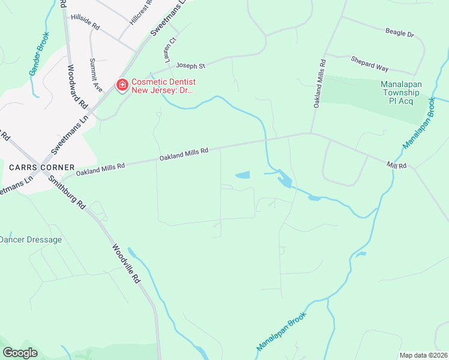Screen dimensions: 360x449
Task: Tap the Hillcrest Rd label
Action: pyautogui.click(x=142, y=11)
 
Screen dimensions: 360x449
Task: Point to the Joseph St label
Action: pyautogui.click(x=190, y=64)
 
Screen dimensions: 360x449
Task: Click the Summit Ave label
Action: pyautogui.click(x=95, y=75)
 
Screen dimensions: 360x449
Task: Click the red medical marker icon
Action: pyautogui.click(x=122, y=86)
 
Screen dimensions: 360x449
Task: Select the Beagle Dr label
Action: pyautogui.click(x=399, y=32)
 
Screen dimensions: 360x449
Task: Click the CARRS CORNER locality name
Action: pyautogui.click(x=41, y=167)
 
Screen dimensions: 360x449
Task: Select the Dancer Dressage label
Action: pyautogui.click(x=30, y=239)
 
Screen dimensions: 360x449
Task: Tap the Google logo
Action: pyautogui.click(x=20, y=353)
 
